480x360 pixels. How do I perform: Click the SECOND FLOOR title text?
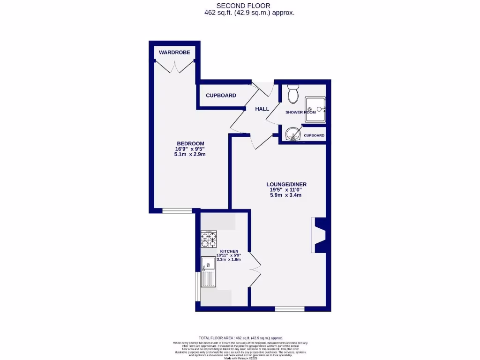point(249,6)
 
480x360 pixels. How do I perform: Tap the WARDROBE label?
point(174,52)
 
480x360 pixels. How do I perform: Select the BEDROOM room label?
point(190,143)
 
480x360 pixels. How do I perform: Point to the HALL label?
point(262,109)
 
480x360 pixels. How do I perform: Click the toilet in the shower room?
point(293,94)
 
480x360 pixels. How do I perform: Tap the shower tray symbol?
point(315,110)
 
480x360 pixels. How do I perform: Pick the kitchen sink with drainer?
point(208,272)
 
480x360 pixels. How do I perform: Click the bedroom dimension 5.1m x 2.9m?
point(190,154)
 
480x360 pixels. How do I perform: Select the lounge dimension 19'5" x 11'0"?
point(285,190)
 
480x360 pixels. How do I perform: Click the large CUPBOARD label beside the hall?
point(221,96)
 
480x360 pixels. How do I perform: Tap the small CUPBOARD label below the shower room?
point(314,135)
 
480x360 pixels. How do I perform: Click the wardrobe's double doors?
point(174,67)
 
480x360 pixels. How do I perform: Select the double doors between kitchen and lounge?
point(256,270)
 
